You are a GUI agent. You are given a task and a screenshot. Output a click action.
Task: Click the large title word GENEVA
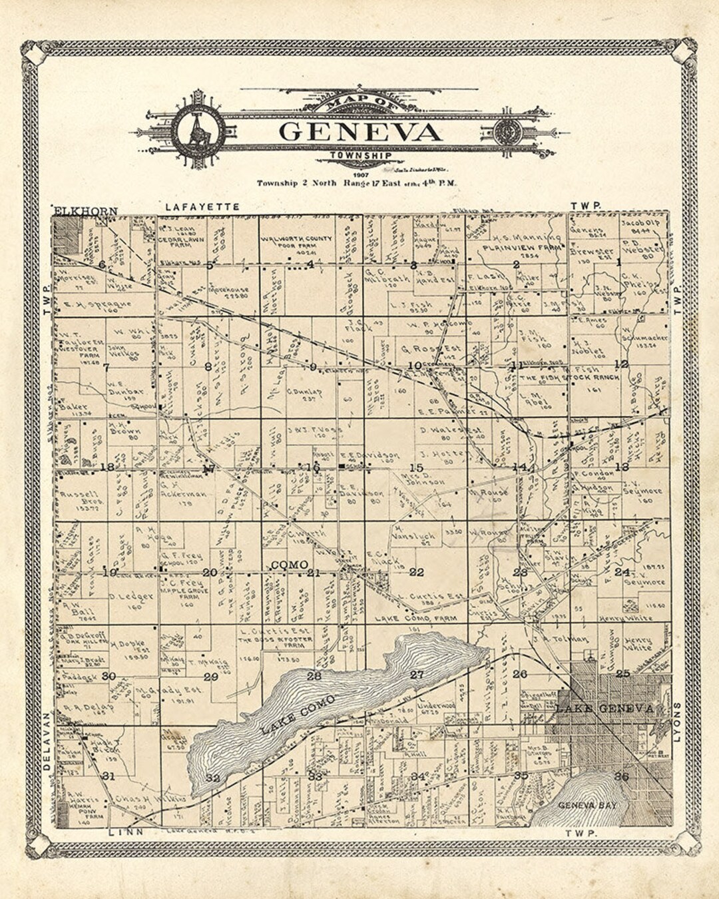pyautogui.click(x=360, y=131)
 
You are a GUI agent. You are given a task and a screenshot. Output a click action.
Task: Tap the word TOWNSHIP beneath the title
pyautogui.click(x=360, y=156)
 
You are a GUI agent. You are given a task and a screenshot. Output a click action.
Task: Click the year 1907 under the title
pyautogui.click(x=360, y=173)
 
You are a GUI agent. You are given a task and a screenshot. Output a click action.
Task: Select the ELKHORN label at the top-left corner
pyautogui.click(x=85, y=211)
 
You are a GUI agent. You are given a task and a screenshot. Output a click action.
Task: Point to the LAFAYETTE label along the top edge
pyautogui.click(x=202, y=207)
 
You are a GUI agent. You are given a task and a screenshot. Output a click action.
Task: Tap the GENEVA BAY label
pyautogui.click(x=587, y=805)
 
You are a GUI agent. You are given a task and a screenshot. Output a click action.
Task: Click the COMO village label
pyautogui.click(x=290, y=565)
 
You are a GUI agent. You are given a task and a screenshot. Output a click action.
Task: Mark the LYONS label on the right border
pyautogui.click(x=678, y=723)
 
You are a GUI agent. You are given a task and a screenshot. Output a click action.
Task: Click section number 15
pyautogui.click(x=417, y=467)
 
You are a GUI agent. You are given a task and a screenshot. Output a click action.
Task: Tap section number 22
pyautogui.click(x=417, y=572)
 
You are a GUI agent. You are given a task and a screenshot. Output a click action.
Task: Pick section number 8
pyautogui.click(x=208, y=366)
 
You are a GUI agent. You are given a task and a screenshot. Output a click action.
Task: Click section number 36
pyautogui.click(x=621, y=776)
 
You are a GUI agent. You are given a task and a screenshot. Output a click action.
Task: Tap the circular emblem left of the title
pyautogui.click(x=198, y=131)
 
